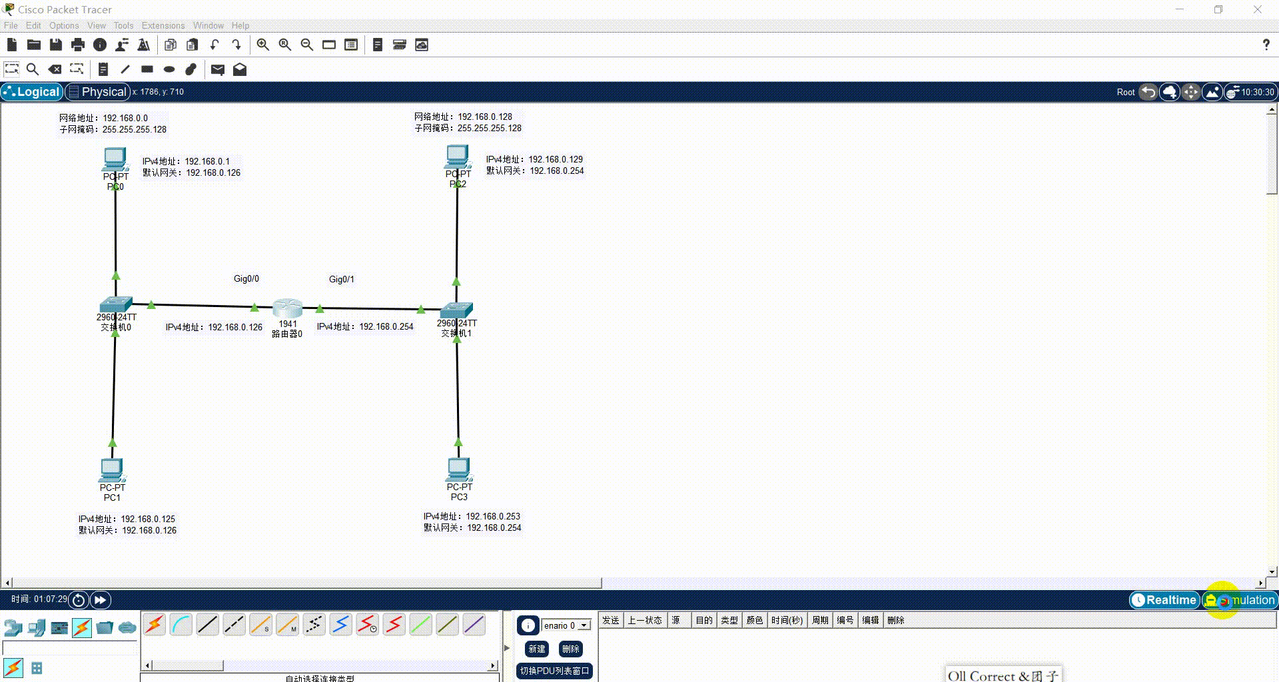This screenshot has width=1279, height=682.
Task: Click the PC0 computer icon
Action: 115,159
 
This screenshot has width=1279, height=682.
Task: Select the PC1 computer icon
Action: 112,470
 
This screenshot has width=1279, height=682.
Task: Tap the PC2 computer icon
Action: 458,157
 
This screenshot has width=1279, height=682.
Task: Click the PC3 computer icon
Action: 459,469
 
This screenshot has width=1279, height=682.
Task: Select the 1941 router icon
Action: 288,308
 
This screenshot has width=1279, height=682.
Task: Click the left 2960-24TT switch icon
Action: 116,305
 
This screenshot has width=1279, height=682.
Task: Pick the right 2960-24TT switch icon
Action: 456,310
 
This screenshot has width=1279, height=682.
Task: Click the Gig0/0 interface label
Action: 246,279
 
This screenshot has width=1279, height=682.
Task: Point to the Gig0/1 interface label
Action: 342,280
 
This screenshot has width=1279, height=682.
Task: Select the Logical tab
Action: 32,92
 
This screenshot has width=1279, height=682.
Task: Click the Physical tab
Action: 97,92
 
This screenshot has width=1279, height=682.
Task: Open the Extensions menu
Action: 163,25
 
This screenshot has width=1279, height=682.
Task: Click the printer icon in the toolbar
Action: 78,45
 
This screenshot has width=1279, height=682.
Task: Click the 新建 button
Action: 537,649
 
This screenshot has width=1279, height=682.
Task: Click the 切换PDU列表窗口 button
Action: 554,671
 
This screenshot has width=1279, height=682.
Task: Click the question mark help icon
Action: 1266,45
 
